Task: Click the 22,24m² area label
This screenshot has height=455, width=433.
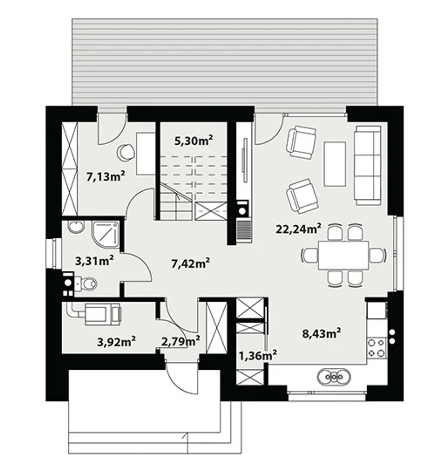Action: pyautogui.click(x=298, y=229)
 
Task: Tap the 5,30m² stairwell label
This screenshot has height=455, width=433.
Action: pyautogui.click(x=194, y=141)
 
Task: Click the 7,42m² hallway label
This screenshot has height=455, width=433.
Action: pyautogui.click(x=190, y=263)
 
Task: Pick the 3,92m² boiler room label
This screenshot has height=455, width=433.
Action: pyautogui.click(x=116, y=342)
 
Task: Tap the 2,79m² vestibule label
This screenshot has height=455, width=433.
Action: pyautogui.click(x=181, y=341)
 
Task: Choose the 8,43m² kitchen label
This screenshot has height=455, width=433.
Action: pyautogui.click(x=321, y=333)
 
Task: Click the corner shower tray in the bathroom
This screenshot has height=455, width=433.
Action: pyautogui.click(x=106, y=235)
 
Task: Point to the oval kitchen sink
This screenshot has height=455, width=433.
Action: pyautogui.click(x=334, y=377)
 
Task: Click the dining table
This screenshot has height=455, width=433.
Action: pyautogui.click(x=343, y=255)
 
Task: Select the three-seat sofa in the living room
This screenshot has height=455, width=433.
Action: pyautogui.click(x=368, y=166)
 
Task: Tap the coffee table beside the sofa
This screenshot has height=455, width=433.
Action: pyautogui.click(x=335, y=164)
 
